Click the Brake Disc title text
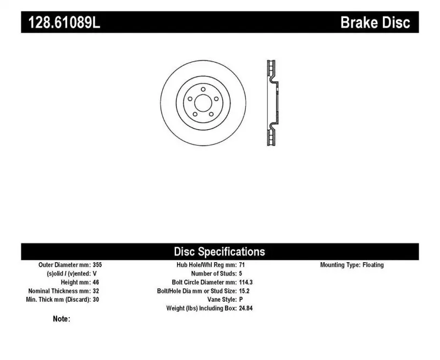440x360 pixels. [x=375, y=23]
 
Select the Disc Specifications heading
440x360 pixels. [x=219, y=252]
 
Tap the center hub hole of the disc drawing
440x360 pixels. [x=203, y=103]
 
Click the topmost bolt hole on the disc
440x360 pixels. [x=203, y=89]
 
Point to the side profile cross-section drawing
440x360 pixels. [x=272, y=103]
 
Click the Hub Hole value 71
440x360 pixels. [x=242, y=265]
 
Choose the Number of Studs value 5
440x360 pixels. [x=240, y=274]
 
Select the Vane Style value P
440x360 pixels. [x=241, y=300]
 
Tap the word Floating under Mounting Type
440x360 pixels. [x=373, y=265]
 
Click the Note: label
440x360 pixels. [x=61, y=319]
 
